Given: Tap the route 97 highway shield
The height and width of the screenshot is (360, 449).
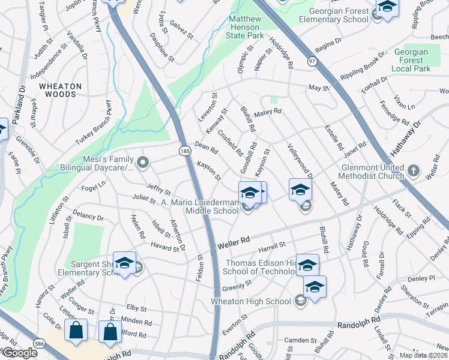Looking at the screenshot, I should coord(312,61).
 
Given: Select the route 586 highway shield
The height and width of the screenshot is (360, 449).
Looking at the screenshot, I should coord(38,343).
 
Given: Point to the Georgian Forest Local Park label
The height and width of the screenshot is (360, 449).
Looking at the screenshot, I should coord(411,60).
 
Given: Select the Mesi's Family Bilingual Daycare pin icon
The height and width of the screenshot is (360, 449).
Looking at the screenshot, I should coord(143,162).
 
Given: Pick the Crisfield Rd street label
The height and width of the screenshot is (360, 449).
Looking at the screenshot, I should coord(230,143).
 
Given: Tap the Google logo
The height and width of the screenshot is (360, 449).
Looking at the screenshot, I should coord(19,353).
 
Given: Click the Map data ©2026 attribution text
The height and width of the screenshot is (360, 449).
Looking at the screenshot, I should coord(424,355).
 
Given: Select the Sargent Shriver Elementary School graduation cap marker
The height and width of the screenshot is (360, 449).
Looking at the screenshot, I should coord(125,263).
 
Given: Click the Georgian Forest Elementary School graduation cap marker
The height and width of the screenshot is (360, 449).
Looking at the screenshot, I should coord(387,8).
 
